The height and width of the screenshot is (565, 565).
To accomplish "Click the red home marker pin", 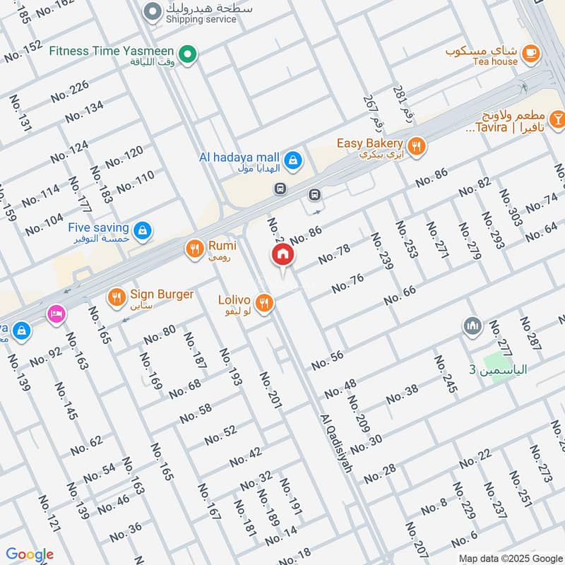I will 282,256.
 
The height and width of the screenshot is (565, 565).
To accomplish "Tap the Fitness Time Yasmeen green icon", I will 187,54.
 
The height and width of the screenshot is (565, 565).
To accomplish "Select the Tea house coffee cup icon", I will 530,52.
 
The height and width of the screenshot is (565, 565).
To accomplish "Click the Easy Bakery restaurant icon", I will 417,146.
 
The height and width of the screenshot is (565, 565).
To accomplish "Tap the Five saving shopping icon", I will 143,230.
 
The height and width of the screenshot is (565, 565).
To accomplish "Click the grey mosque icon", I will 472,326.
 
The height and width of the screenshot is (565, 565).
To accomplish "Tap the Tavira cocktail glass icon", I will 557,117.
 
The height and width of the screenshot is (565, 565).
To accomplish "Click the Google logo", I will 29,554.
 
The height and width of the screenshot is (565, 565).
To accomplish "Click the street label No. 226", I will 69,92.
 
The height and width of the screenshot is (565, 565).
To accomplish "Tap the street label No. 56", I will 327,359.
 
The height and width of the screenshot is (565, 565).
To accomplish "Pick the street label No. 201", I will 270,389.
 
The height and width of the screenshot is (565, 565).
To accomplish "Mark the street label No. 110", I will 135,183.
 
